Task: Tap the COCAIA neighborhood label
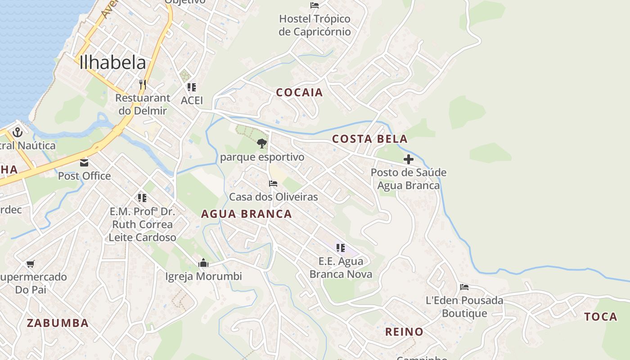tap(299, 93)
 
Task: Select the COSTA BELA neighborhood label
tap(370, 139)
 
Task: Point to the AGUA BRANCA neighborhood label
tap(246, 214)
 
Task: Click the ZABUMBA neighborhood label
tap(58, 323)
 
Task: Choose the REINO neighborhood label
tap(404, 332)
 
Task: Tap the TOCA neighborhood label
tap(601, 317)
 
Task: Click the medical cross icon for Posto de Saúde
tap(409, 159)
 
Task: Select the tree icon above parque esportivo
tap(261, 144)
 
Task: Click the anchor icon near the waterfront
tap(18, 132)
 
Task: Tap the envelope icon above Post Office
tap(84, 163)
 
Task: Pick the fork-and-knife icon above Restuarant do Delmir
tap(143, 85)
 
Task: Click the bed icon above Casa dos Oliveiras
tap(273, 184)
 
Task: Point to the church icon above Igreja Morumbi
tap(203, 263)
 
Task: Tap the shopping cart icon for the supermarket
tap(30, 264)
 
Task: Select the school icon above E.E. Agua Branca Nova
tap(341, 247)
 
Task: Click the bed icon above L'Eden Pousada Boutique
tap(464, 287)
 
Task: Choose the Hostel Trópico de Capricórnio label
tap(315, 25)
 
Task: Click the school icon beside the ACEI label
tap(192, 87)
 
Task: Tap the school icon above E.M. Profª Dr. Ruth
tap(142, 198)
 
